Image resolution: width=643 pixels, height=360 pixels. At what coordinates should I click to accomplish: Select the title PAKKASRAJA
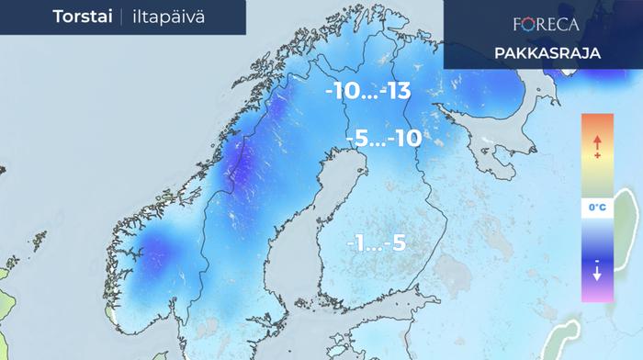click(547, 53)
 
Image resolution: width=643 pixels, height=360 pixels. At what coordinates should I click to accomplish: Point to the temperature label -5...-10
click(383, 140)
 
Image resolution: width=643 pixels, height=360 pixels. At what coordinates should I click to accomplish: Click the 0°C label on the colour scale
click(597, 208)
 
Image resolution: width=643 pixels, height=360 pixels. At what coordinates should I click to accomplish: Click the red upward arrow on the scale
click(597, 142)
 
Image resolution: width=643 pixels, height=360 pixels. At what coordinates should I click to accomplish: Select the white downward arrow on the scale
click(597, 273)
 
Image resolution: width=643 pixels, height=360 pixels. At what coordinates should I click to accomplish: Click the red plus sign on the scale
click(597, 157)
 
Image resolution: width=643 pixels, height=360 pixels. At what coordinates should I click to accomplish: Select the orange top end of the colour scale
click(597, 121)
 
